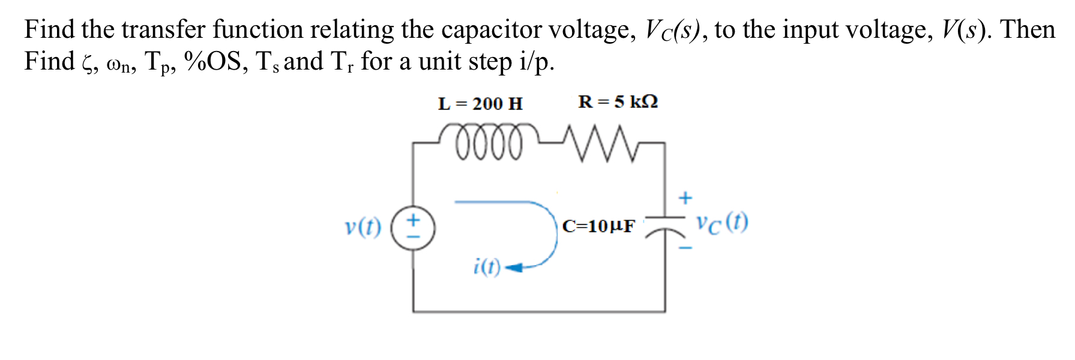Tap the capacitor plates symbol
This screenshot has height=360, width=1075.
click(x=664, y=225)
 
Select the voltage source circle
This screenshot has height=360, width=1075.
click(x=413, y=228)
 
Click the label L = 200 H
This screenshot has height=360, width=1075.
click(x=480, y=104)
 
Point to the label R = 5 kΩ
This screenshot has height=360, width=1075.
click(x=618, y=102)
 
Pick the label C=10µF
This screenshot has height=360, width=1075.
click(x=598, y=226)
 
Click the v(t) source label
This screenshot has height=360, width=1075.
click(x=363, y=227)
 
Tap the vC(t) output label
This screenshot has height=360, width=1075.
click(x=722, y=223)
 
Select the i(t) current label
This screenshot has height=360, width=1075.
click(x=486, y=266)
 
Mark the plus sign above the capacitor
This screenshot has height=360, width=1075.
click(x=685, y=197)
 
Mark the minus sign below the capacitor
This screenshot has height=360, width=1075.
click(x=685, y=247)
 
